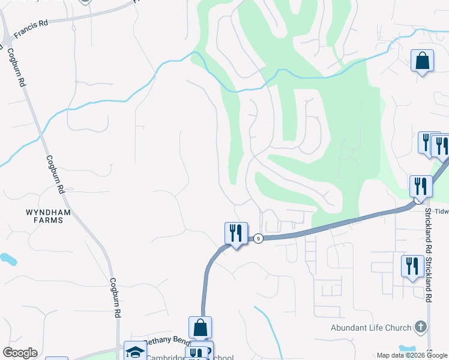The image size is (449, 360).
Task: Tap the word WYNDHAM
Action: tap(44, 212)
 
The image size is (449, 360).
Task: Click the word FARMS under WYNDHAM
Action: tap(44, 220)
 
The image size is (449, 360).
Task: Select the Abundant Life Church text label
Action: tap(371, 328)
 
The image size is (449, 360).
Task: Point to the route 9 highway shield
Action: tap(257, 238)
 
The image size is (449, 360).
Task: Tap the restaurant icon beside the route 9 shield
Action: tap(236, 233)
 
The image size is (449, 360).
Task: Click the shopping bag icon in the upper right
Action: tap(422, 61)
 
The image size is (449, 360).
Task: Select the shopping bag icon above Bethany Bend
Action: tap(200, 328)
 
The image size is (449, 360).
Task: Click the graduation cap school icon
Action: tap(135, 351)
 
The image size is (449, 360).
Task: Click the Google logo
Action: tap(20, 353)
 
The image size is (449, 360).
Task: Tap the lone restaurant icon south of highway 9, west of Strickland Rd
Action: tap(412, 266)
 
